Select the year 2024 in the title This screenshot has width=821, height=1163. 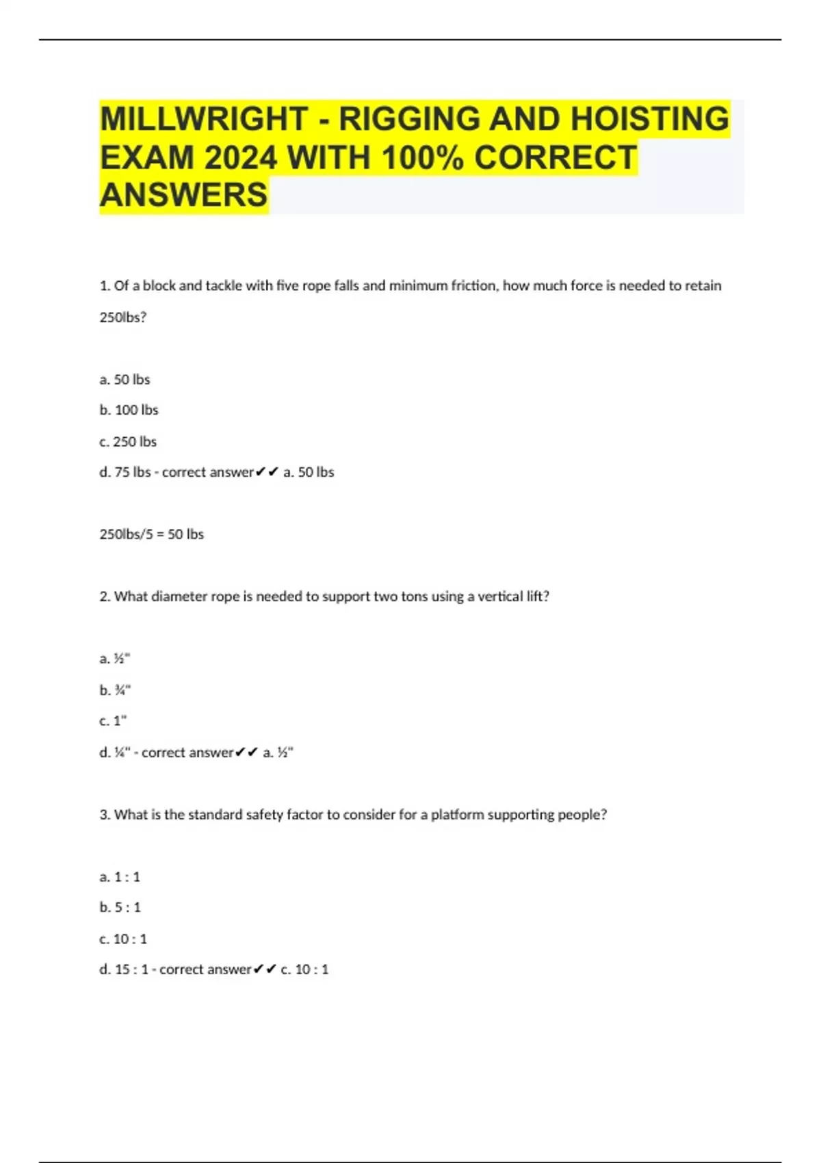click(240, 158)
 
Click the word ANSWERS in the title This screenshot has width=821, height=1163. click(184, 195)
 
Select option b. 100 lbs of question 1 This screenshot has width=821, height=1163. click(129, 410)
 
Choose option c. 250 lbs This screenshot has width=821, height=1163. click(128, 441)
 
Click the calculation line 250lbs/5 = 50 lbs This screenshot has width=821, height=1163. click(151, 534)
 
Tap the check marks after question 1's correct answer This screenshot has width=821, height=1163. click(267, 472)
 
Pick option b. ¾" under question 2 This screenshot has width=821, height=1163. click(115, 690)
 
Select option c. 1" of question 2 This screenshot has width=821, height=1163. click(113, 720)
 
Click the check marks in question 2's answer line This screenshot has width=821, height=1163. click(246, 753)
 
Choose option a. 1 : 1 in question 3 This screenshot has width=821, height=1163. click(120, 876)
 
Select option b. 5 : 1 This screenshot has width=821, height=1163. click(120, 907)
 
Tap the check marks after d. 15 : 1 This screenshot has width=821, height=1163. click(265, 969)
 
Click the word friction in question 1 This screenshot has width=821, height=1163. click(473, 285)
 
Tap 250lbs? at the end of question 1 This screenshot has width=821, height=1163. click(123, 317)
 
